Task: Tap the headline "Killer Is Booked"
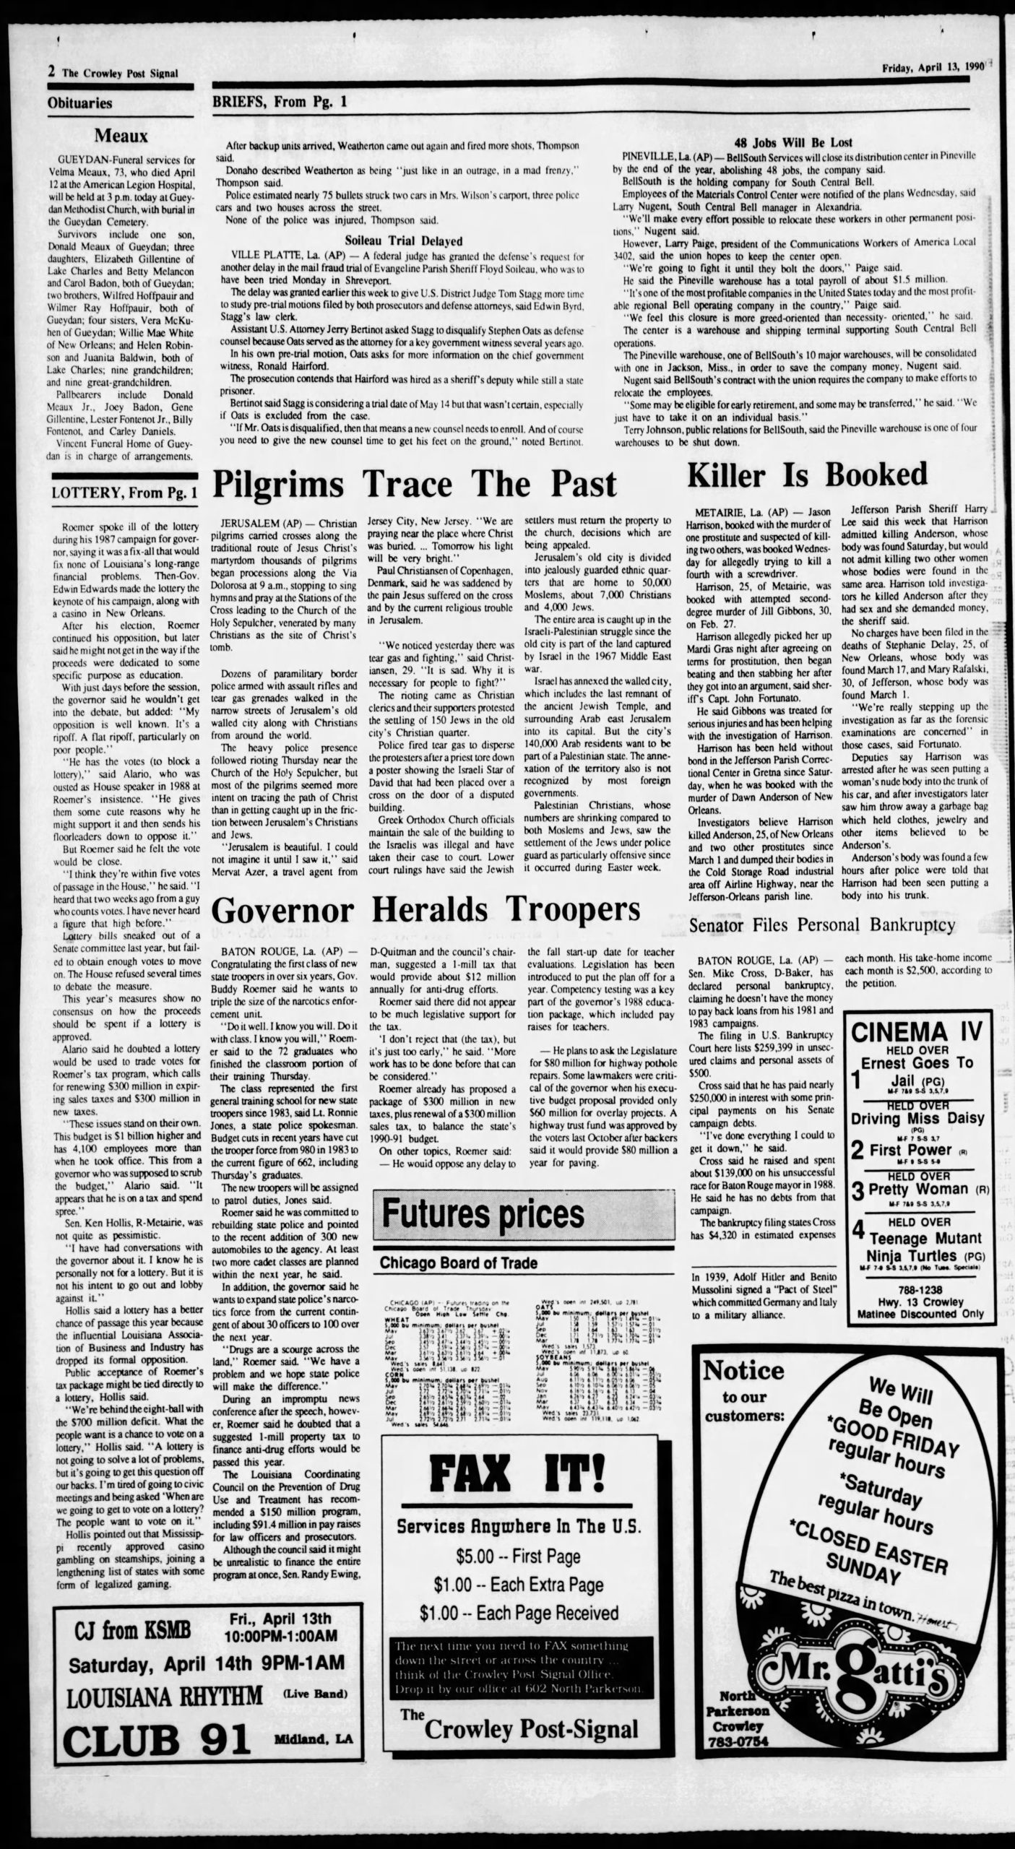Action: click(x=806, y=475)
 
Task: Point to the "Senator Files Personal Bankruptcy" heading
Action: click(x=822, y=924)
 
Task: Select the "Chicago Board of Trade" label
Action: click(x=458, y=1263)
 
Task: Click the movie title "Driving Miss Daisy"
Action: click(x=917, y=1118)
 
